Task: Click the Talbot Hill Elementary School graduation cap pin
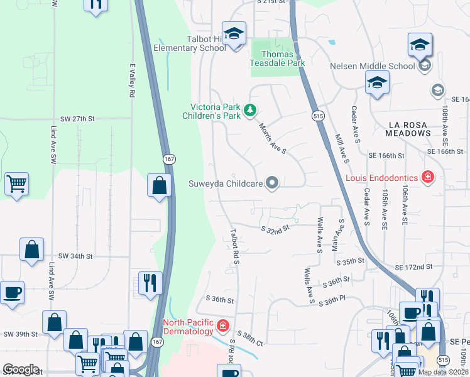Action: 234,34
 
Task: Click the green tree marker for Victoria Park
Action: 250,111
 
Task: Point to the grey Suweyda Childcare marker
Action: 272,183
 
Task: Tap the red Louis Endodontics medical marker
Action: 428,177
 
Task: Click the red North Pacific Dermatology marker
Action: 222,325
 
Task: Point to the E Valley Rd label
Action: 133,80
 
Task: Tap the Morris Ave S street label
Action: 273,138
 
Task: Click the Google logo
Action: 21,369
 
